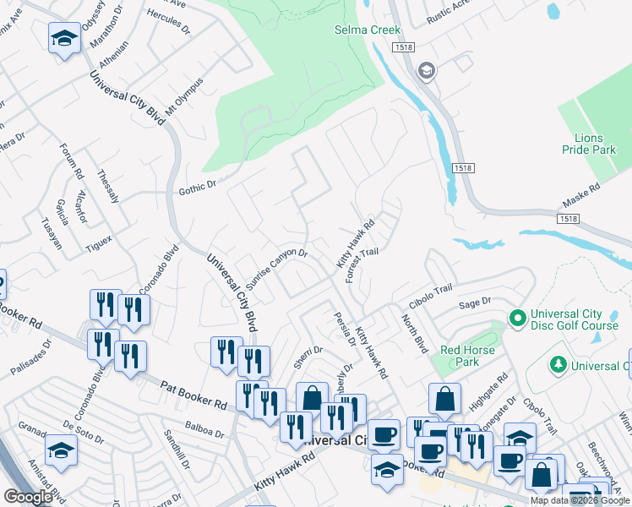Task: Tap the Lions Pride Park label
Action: pos(589,144)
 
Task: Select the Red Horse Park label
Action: pos(460,356)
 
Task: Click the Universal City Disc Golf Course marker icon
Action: pos(517,319)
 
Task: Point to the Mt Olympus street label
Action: pos(184,98)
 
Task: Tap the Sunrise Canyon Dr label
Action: pos(276,265)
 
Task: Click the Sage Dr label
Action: pos(474,302)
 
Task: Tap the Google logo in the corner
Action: pos(28,497)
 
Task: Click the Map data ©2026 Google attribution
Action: pos(579,500)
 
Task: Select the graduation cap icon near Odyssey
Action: pos(64,39)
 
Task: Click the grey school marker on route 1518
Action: pos(427,70)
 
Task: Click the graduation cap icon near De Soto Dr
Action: pos(62,452)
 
